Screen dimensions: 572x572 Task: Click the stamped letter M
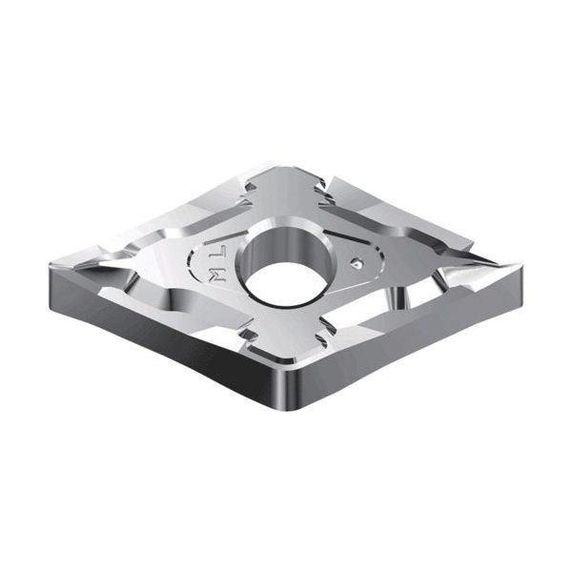(218, 276)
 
